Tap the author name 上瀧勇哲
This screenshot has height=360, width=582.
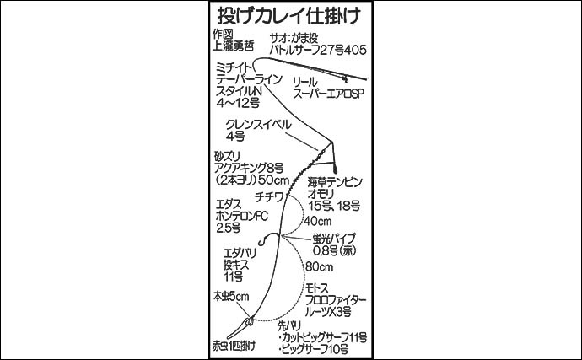pos(233,49)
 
